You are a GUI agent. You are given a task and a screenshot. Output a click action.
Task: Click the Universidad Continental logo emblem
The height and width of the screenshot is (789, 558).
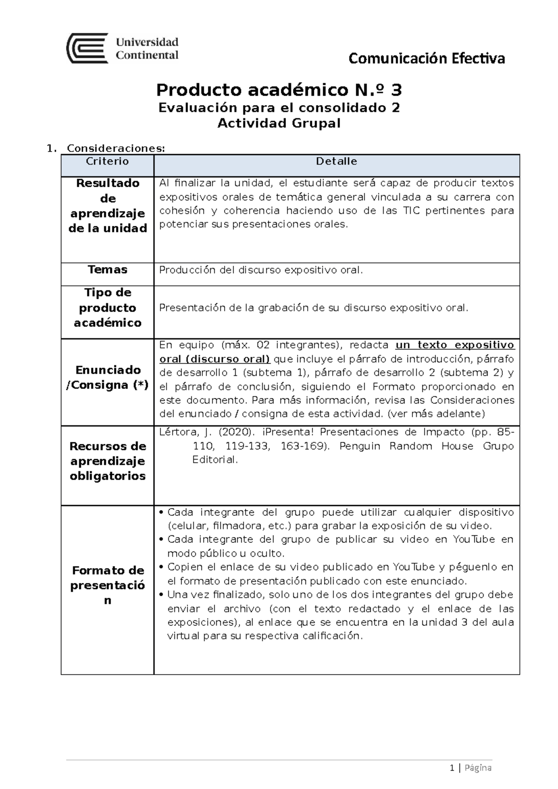click(87, 48)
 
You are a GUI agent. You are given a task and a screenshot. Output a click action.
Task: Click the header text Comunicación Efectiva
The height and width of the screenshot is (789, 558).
click(426, 59)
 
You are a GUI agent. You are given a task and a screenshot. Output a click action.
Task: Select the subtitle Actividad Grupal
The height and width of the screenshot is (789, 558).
click(279, 123)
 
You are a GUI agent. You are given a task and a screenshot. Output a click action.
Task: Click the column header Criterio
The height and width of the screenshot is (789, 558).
click(107, 161)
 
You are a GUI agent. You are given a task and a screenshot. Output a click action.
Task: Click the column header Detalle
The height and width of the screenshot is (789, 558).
click(336, 161)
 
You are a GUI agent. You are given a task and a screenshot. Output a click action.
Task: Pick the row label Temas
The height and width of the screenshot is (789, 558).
click(107, 270)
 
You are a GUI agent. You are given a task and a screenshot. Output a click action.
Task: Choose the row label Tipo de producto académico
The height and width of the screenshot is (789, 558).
click(107, 308)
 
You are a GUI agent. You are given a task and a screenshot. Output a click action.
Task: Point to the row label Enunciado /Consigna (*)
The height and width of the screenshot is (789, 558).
click(107, 377)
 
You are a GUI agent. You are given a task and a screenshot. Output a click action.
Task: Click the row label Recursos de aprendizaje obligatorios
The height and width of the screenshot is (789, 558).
click(107, 461)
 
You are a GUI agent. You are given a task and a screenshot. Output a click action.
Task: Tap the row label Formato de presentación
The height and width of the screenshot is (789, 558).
click(107, 585)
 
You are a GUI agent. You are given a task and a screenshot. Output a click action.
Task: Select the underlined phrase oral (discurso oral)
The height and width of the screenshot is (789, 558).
click(215, 359)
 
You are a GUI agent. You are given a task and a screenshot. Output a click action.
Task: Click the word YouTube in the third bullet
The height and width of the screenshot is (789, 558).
click(414, 567)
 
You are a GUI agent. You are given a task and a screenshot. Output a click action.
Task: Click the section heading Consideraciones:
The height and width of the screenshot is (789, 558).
click(116, 148)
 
